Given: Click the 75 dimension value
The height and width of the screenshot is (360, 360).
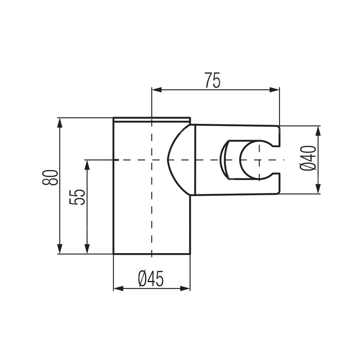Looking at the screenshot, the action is (212, 80).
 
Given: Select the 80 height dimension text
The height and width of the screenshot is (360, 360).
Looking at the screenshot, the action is (50, 177).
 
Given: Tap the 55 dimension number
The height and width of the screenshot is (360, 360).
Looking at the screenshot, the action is (77, 197).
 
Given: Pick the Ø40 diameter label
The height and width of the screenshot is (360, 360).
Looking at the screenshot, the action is (308, 158).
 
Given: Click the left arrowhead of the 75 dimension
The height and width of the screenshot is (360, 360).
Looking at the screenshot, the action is (156, 90).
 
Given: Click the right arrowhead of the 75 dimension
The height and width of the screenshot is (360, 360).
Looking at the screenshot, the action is (274, 90).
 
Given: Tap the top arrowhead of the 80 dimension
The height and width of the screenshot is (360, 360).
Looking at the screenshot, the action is (60, 123).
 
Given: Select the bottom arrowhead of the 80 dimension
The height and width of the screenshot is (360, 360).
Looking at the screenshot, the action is (60, 249).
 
